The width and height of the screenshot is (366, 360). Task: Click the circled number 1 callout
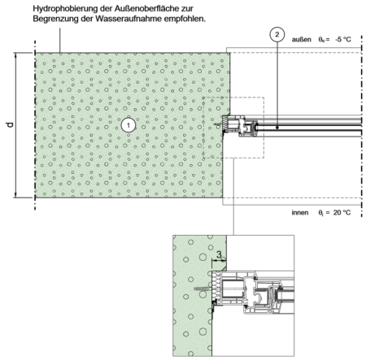(129, 125)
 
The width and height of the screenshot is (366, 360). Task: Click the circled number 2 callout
(277, 35)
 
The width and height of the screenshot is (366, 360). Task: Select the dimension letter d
(10, 124)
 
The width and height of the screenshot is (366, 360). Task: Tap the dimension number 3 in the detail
(219, 254)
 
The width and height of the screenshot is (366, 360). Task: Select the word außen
(301, 40)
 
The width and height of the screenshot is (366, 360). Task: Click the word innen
(300, 213)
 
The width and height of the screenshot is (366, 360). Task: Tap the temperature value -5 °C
(342, 40)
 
